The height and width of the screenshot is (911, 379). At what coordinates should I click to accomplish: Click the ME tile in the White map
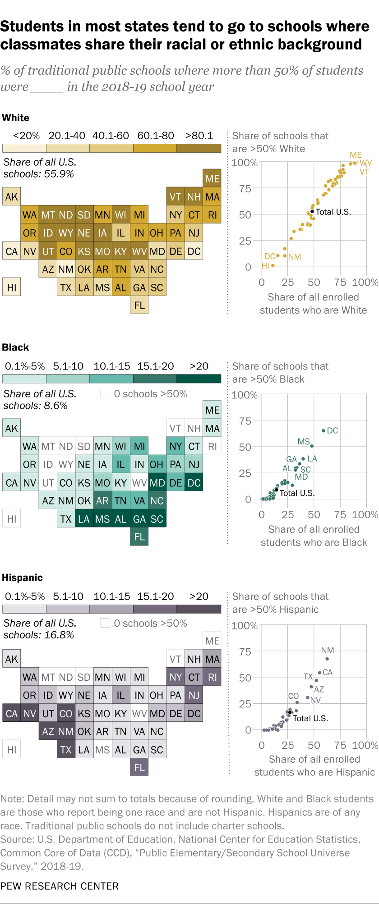click(x=212, y=178)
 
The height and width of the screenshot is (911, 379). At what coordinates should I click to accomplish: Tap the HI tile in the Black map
click(x=12, y=519)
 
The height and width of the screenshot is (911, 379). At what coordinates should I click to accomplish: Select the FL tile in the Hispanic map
click(x=139, y=767)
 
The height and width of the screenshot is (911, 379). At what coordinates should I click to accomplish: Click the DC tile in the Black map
click(x=194, y=483)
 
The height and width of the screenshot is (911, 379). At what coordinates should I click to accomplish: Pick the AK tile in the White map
click(x=12, y=197)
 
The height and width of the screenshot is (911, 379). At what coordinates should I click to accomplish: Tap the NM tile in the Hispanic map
click(x=66, y=731)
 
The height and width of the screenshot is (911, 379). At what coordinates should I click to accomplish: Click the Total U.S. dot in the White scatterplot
click(x=312, y=211)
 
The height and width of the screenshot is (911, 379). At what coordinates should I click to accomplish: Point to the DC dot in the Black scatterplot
click(x=324, y=431)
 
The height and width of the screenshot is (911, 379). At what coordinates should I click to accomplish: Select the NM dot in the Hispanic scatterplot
click(x=327, y=659)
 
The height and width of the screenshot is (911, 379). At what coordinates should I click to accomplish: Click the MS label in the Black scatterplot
click(x=304, y=442)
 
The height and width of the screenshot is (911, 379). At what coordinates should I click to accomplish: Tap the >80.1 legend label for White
click(x=199, y=136)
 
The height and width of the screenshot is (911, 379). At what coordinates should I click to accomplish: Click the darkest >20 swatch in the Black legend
click(x=199, y=378)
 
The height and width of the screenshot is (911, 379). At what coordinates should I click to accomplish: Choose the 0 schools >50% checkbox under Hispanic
click(x=105, y=623)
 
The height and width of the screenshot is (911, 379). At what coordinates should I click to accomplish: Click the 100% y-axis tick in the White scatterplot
click(x=244, y=163)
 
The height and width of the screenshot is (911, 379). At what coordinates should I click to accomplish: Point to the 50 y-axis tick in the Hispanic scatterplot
click(x=245, y=678)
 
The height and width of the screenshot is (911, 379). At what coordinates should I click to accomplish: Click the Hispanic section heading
click(x=22, y=578)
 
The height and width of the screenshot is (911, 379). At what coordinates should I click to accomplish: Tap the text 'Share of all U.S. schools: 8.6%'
click(x=40, y=400)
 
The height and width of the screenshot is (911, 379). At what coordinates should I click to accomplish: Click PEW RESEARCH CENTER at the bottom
click(x=60, y=886)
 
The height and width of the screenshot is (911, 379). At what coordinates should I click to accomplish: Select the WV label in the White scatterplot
click(x=365, y=163)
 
